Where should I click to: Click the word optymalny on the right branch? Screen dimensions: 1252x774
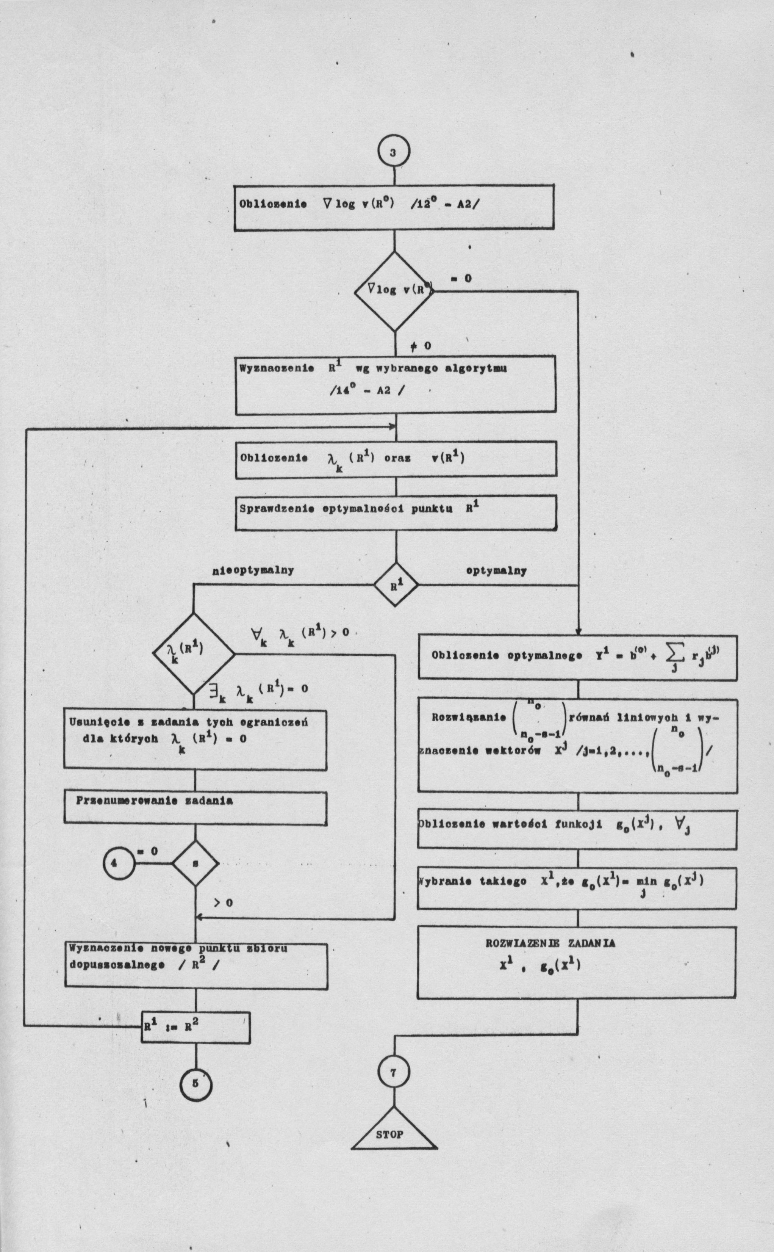point(496,570)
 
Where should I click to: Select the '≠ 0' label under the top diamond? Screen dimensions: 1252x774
point(420,346)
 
